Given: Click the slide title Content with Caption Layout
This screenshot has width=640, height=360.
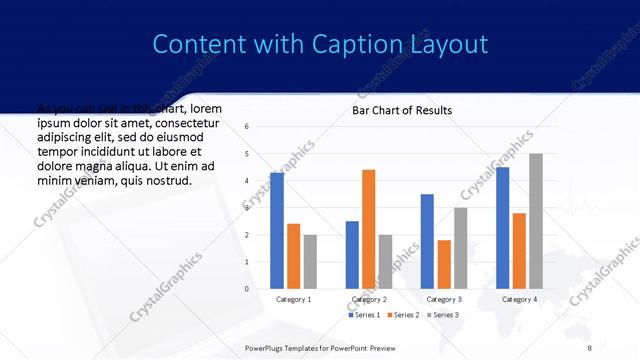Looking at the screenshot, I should point(320,45).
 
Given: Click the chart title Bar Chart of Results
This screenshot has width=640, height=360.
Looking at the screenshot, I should point(401,110).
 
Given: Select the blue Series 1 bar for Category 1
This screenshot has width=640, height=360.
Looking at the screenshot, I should point(277,231).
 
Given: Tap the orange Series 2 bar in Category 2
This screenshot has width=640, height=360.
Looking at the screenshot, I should point(368,229).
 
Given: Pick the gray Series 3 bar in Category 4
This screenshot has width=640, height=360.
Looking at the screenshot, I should point(536,221).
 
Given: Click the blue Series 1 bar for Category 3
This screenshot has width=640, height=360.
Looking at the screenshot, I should point(427,241).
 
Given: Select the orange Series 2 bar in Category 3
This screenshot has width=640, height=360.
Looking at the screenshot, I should point(444,264).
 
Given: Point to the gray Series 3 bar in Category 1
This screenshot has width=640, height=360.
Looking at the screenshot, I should point(310,262).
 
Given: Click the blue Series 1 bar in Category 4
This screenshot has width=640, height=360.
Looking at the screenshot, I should point(502,228).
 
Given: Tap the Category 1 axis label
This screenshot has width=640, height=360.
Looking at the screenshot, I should point(293,299).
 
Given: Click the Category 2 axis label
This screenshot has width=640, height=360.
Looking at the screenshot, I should point(368,299).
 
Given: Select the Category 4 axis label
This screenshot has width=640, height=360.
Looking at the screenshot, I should point(519,299).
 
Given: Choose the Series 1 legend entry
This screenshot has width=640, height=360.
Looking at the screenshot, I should point(363,315).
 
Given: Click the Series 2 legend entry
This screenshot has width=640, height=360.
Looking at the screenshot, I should point(402,315).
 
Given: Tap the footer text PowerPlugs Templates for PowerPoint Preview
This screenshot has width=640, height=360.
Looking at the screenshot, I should point(320,346).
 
